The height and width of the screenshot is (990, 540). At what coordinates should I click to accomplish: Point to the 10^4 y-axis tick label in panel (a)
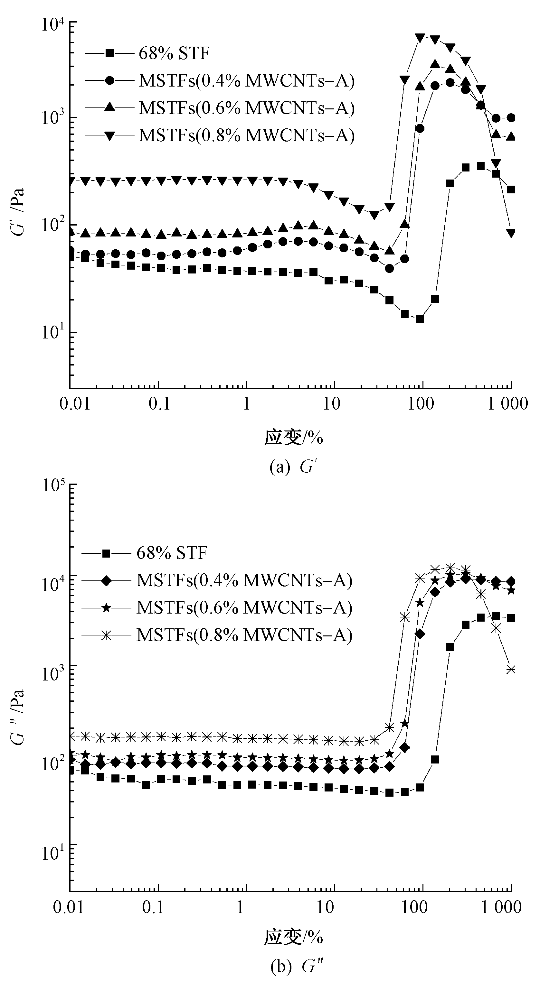tap(53, 26)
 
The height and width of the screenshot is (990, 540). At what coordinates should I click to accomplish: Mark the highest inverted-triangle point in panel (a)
tap(420, 38)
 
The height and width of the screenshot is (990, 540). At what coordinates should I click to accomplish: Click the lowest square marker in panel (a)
tap(420, 319)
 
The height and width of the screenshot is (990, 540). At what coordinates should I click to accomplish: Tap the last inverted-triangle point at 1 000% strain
tap(511, 233)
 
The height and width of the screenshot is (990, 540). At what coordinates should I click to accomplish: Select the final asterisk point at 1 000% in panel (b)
tap(511, 670)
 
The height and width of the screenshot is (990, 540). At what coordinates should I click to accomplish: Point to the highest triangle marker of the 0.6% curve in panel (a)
tap(435, 64)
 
